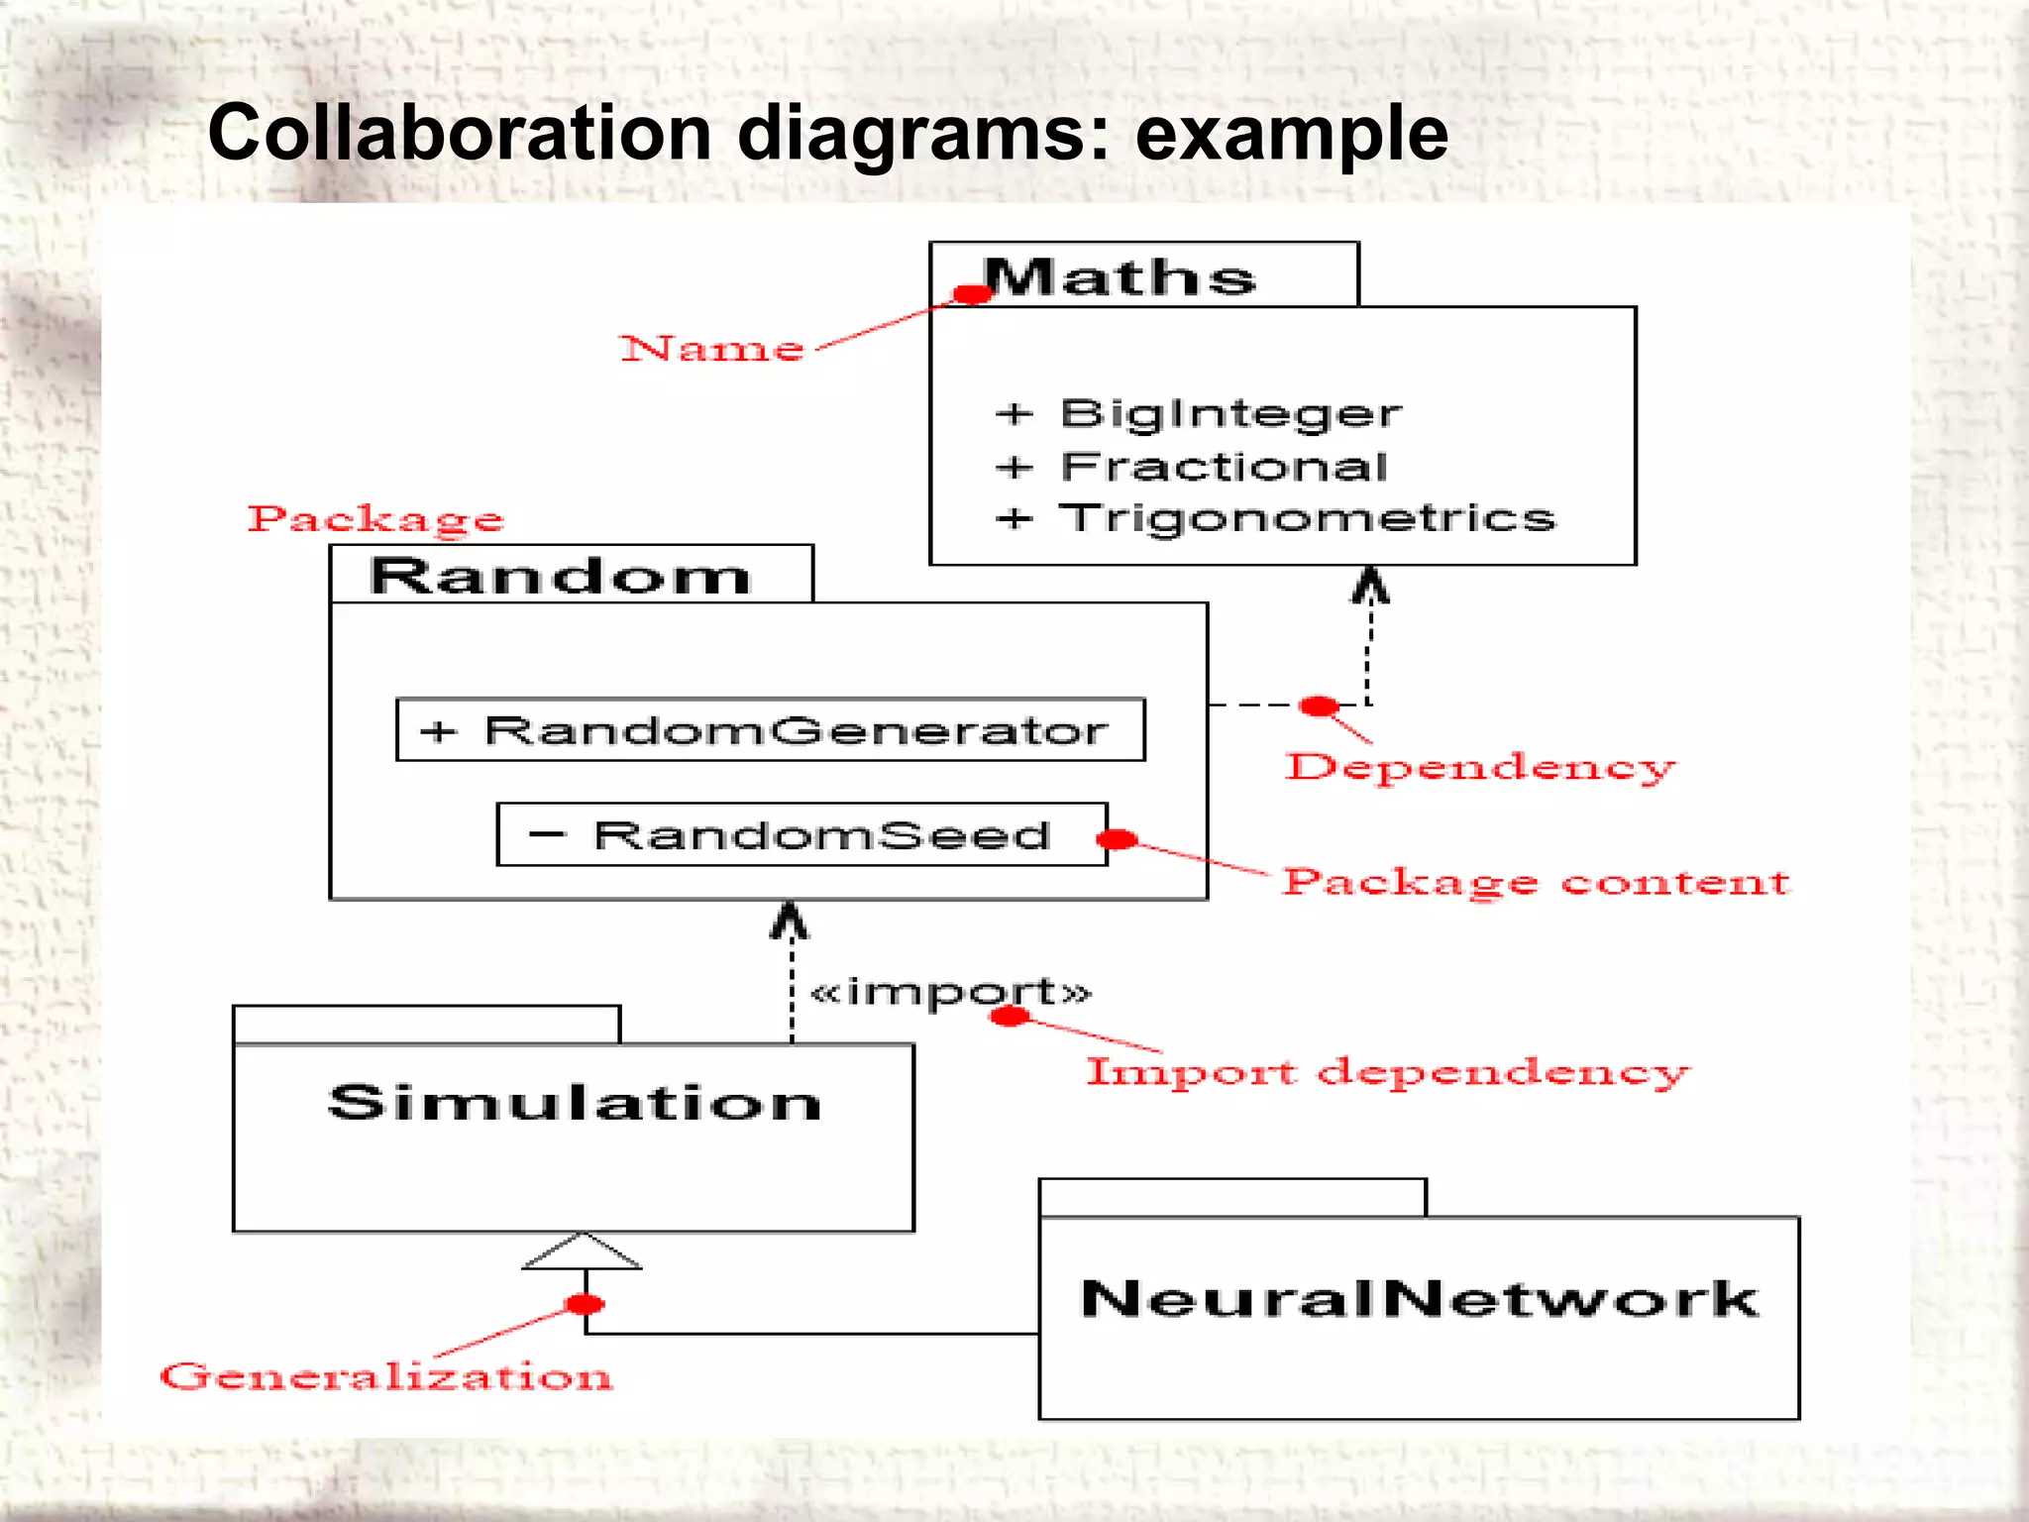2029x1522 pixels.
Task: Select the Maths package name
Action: (x=1121, y=277)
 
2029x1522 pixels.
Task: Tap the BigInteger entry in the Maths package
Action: (x=1230, y=413)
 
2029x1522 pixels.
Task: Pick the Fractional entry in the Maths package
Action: (x=1224, y=467)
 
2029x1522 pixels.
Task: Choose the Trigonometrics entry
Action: (x=1307, y=518)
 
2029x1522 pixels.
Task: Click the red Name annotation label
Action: (x=711, y=349)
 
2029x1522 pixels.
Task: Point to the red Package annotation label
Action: (x=375, y=518)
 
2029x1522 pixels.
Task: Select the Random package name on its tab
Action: (x=561, y=576)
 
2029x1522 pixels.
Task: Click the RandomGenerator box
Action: (x=770, y=730)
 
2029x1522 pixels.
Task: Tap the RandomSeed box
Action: (x=801, y=835)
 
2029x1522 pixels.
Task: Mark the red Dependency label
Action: (x=1480, y=767)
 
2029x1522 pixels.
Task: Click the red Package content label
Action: (x=1536, y=881)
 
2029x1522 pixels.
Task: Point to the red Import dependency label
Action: (x=1388, y=1071)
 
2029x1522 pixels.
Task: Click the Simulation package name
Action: (x=575, y=1103)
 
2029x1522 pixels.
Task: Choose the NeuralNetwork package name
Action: (x=1419, y=1298)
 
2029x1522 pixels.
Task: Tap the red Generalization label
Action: (x=386, y=1376)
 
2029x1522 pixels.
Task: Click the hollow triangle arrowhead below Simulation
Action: (x=583, y=1252)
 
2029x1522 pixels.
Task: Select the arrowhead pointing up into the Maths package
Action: (x=1371, y=585)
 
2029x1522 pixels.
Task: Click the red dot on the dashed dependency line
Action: (x=1319, y=706)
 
